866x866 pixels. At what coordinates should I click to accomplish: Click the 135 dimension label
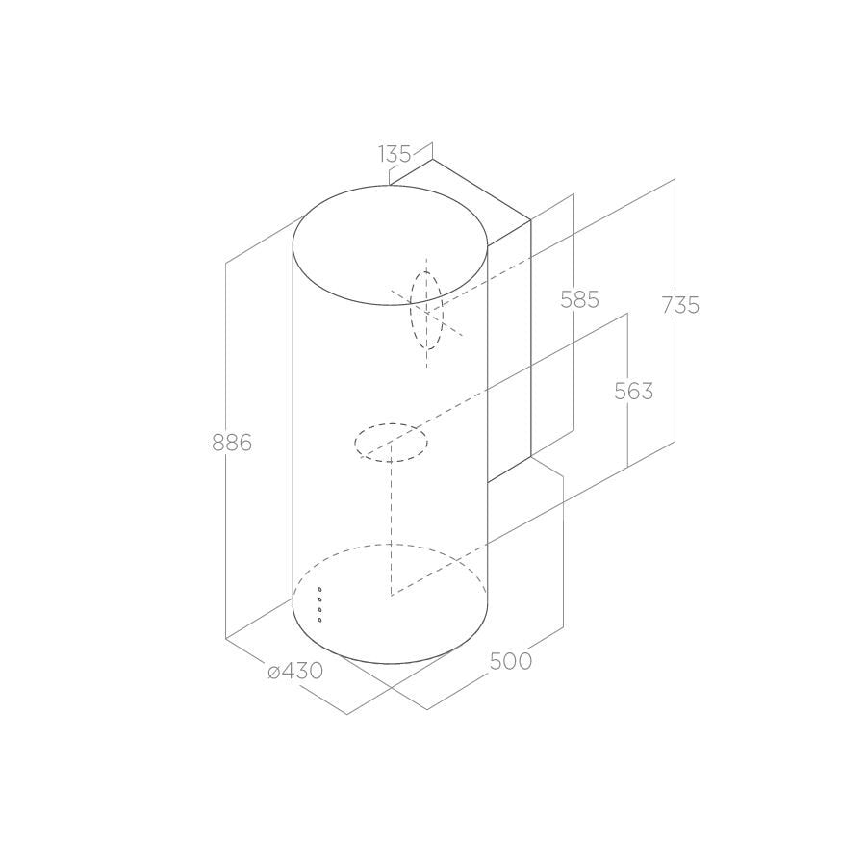395,154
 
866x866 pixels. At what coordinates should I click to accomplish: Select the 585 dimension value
579,299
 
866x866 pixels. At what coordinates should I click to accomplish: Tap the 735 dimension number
680,305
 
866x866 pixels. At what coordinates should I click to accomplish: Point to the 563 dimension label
633,391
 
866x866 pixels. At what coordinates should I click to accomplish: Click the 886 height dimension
232,443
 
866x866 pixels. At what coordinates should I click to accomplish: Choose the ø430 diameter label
295,671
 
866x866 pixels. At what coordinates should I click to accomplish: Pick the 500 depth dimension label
511,661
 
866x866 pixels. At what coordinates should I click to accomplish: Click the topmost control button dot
319,590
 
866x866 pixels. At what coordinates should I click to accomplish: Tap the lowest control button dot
319,620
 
